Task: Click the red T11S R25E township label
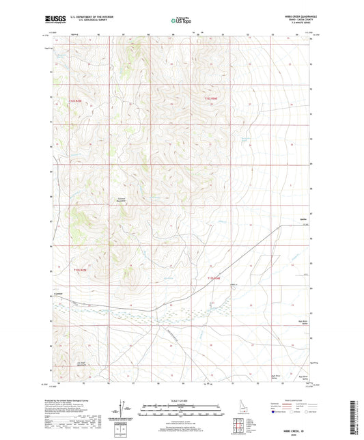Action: coord(81,100)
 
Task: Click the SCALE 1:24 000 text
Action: coord(181,400)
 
